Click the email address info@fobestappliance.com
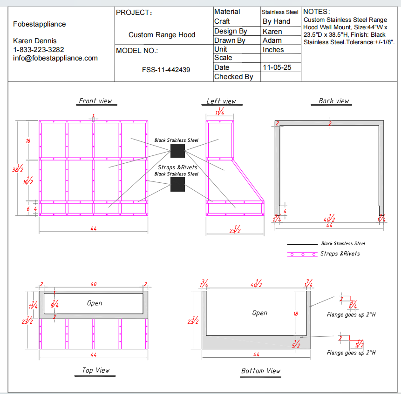click(x=55, y=58)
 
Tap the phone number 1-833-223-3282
click(x=39, y=49)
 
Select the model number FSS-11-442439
click(x=166, y=70)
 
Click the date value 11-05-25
click(x=277, y=67)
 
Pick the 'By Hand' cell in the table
click(x=276, y=21)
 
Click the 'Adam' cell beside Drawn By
click(x=272, y=40)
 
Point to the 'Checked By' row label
click(x=233, y=77)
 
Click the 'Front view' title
click(x=95, y=101)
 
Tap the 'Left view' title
click(x=221, y=101)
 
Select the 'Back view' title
click(x=333, y=101)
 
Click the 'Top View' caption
click(x=95, y=370)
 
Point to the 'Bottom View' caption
click(x=261, y=371)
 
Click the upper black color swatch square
click(x=177, y=150)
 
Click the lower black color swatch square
click(x=177, y=184)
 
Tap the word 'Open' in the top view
click(x=95, y=303)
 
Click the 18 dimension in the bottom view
click(x=295, y=314)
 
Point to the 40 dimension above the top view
click(x=94, y=284)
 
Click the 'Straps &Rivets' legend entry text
click(x=340, y=254)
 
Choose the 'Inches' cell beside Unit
click(x=273, y=50)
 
